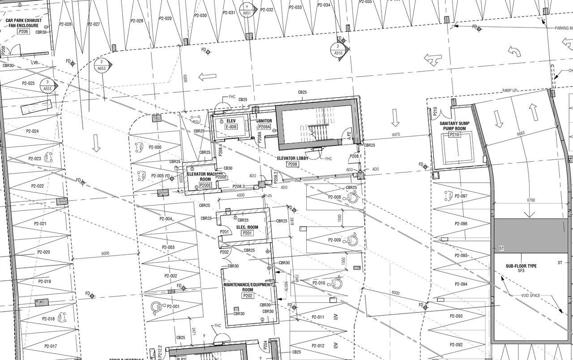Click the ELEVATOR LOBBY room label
tap(293, 158)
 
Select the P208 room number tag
tap(293, 164)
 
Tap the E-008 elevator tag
tap(231, 127)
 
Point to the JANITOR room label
tap(264, 120)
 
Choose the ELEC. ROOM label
tap(247, 227)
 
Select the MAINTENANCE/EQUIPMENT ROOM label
tap(248, 287)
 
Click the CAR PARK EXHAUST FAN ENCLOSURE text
tap(23, 23)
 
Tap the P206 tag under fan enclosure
tap(23, 32)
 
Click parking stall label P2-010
tap(319, 283)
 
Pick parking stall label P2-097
tap(461, 196)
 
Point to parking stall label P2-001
tap(172, 307)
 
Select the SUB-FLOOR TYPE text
tap(521, 266)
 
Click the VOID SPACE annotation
tap(531, 296)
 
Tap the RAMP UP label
tap(510, 90)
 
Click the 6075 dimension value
tap(396, 134)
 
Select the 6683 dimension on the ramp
tap(521, 133)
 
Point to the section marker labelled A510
tap(338, 50)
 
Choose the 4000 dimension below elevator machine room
tap(241, 195)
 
